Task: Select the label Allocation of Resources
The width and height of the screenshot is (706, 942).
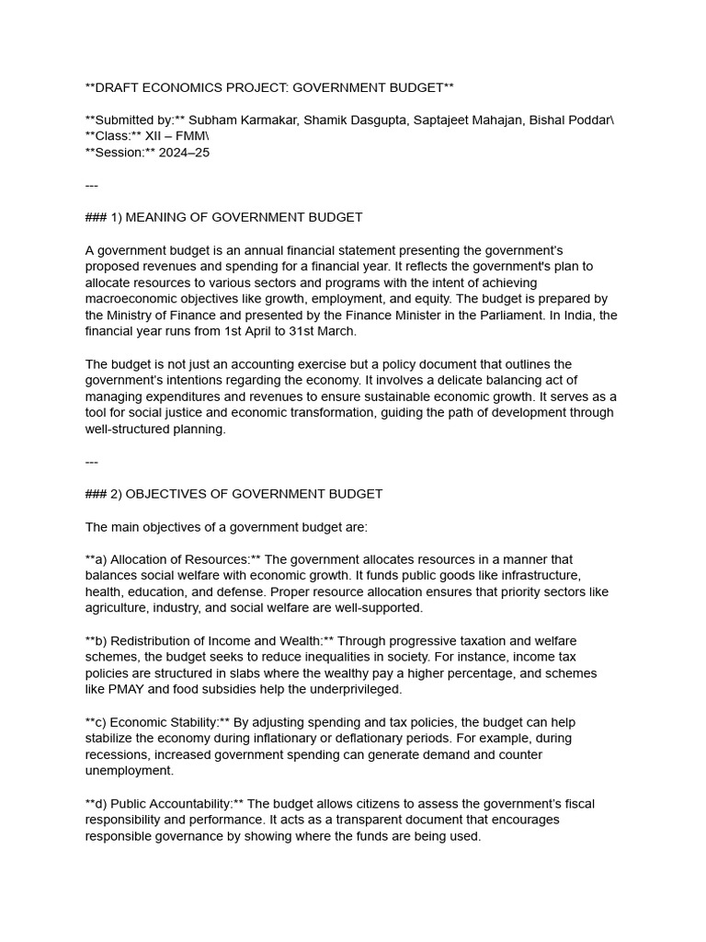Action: point(179,559)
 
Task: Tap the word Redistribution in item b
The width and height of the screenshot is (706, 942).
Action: point(154,640)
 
